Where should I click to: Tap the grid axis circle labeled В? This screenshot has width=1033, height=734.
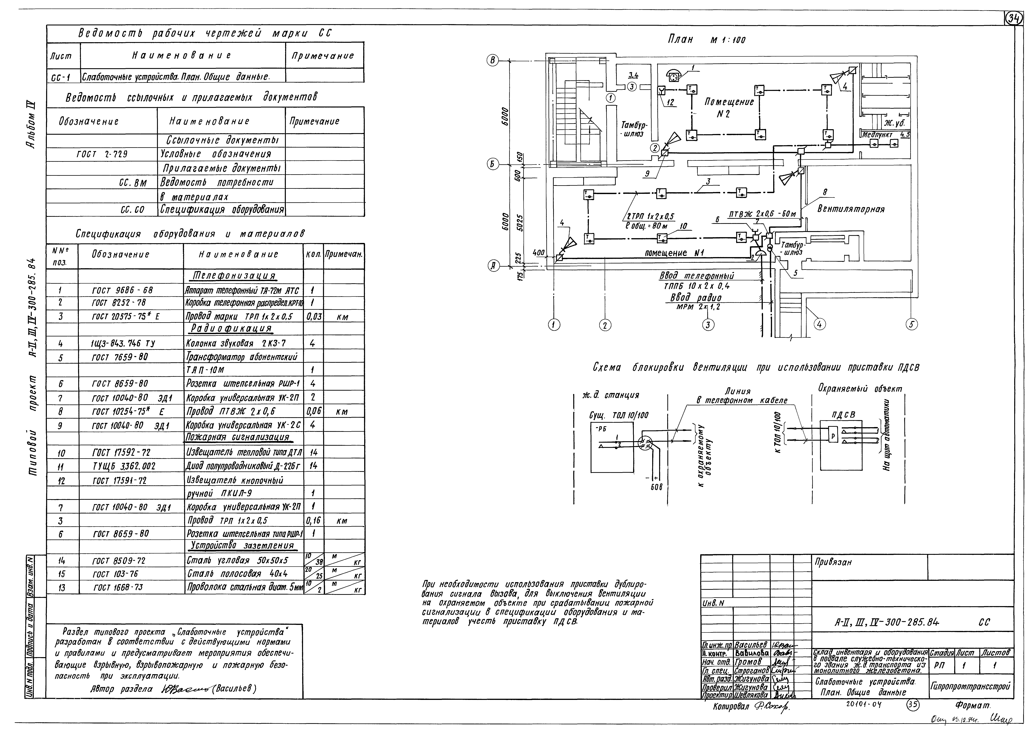pyautogui.click(x=493, y=61)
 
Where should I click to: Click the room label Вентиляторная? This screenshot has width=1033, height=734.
pyautogui.click(x=851, y=209)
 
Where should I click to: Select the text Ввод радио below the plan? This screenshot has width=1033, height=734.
pyautogui.click(x=696, y=298)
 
